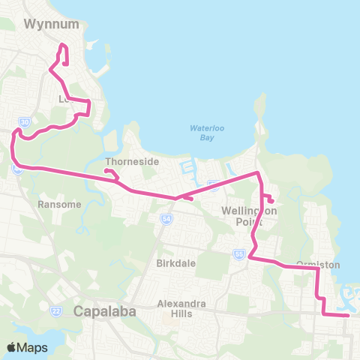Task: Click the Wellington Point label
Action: [250, 216]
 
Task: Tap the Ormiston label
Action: [318, 265]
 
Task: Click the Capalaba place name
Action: [104, 312]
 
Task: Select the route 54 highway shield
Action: [165, 219]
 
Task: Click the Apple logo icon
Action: [12, 347]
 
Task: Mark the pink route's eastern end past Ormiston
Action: [349, 316]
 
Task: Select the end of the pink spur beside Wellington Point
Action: [271, 201]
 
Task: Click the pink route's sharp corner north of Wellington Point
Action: [258, 173]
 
